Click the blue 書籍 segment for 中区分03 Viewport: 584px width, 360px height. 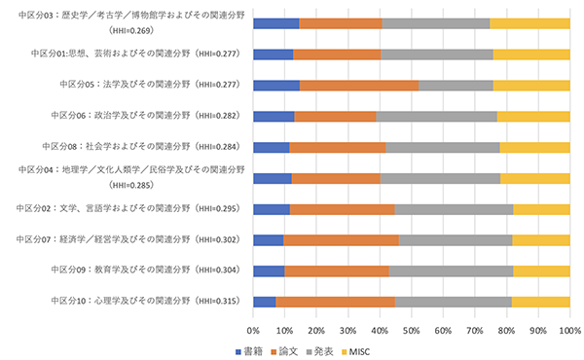click(276, 23)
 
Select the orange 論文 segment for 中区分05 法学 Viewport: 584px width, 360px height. click(359, 86)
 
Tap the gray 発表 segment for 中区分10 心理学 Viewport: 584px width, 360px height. click(453, 302)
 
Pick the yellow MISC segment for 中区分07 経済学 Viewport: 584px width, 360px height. click(540, 240)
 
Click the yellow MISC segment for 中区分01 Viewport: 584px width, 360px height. click(530, 54)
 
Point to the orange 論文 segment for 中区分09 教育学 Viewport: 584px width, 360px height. click(337, 270)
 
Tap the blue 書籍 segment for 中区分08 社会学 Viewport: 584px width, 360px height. click(272, 147)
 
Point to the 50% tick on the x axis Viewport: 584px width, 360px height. click(412, 330)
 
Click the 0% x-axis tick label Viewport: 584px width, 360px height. click(254, 330)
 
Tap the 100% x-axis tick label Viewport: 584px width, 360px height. click(568, 330)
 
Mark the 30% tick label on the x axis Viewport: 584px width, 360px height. click(348, 330)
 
